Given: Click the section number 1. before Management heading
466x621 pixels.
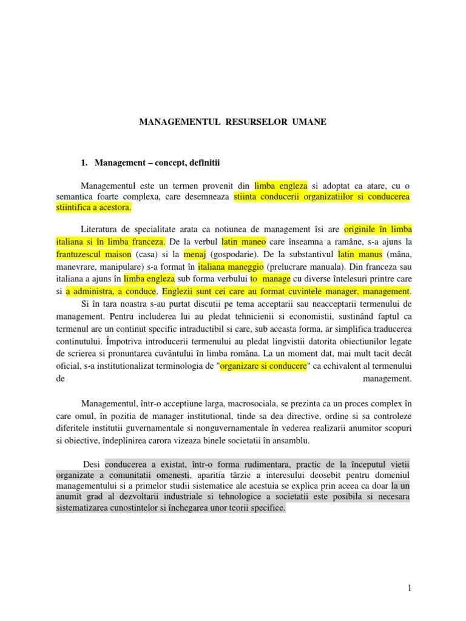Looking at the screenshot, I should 84,163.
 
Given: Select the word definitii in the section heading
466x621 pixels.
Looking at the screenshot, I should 204,163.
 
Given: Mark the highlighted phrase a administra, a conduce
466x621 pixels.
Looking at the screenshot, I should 110,291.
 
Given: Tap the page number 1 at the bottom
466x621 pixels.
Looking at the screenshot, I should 410,588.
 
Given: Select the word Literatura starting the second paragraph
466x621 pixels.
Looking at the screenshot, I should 101,229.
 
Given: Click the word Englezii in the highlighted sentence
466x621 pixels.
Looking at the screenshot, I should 179,291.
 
